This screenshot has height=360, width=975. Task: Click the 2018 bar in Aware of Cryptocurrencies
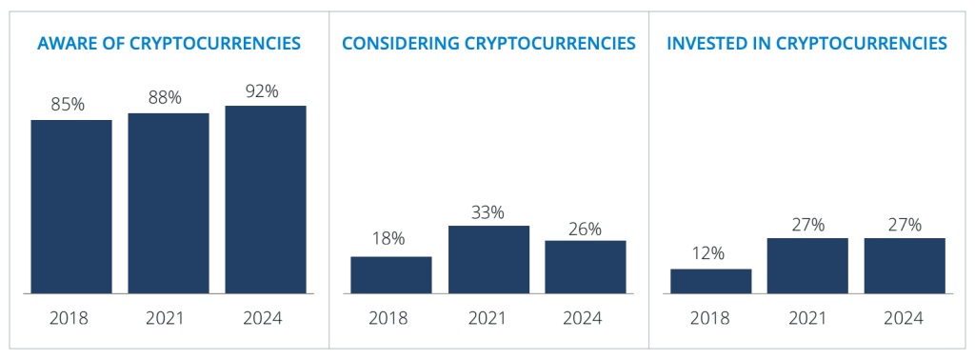[x=71, y=206]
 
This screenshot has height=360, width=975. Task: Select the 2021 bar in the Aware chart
[x=169, y=203]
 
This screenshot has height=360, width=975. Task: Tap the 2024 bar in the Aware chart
[x=266, y=199]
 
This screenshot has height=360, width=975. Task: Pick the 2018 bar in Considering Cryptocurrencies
[x=391, y=274]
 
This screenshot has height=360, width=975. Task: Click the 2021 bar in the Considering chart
[x=488, y=259]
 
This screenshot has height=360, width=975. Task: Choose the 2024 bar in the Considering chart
[x=586, y=267]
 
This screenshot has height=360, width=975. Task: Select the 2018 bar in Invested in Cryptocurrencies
[x=711, y=281]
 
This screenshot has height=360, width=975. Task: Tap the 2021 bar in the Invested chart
[x=808, y=265]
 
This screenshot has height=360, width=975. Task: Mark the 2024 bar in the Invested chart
[x=905, y=265]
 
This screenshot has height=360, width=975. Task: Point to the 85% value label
[x=68, y=105]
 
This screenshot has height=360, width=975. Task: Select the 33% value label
[x=488, y=210]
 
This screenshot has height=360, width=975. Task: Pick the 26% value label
[x=586, y=229]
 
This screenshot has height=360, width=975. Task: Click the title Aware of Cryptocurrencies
[x=169, y=43]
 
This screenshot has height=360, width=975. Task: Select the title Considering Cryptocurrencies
[x=488, y=43]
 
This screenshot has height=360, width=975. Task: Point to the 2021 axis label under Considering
[x=488, y=318]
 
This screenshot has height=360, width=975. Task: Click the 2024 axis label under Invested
[x=905, y=318]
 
